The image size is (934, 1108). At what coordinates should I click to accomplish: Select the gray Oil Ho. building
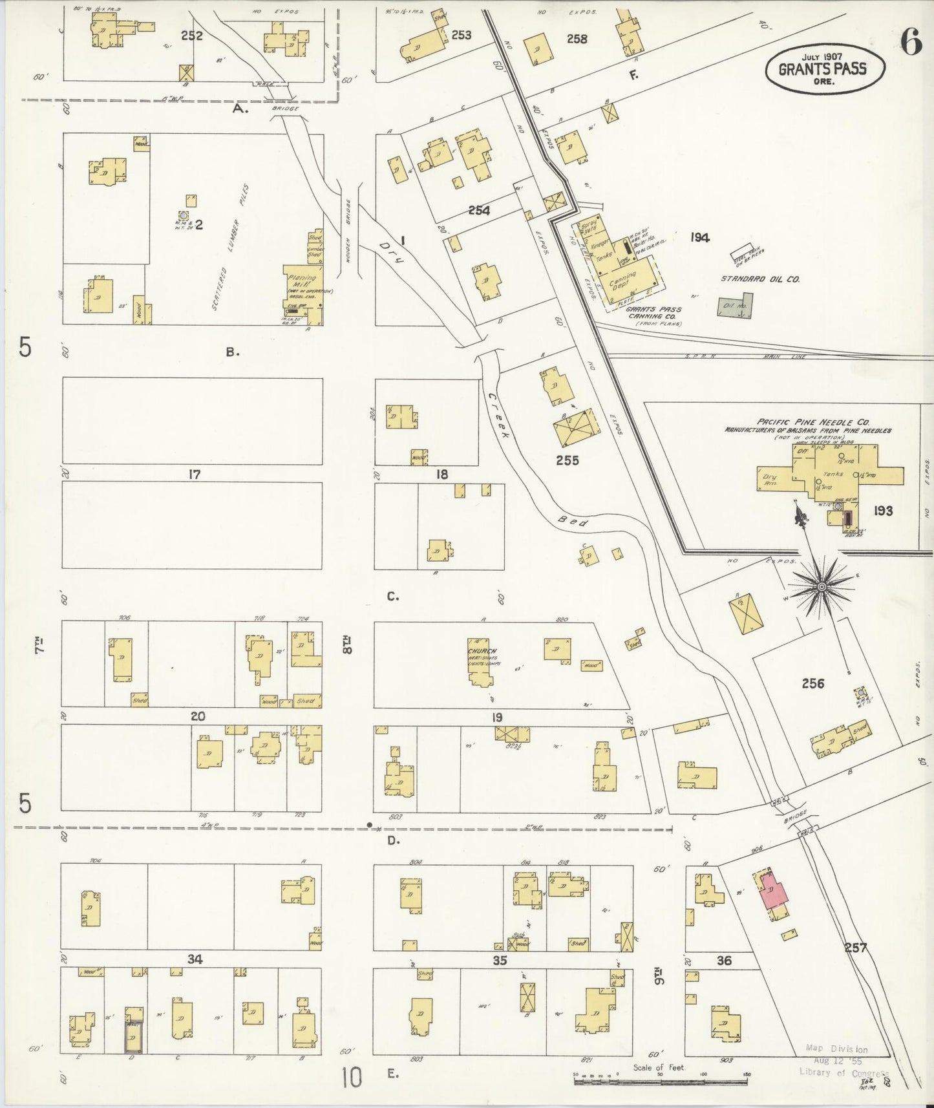pyautogui.click(x=735, y=306)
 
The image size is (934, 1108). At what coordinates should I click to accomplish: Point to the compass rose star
pyautogui.click(x=822, y=586)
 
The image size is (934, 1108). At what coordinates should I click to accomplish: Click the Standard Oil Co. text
pyautogui.click(x=761, y=279)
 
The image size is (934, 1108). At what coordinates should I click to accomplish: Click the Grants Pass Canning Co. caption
pyautogui.click(x=653, y=313)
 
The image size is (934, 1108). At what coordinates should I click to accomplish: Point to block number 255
pyautogui.click(x=567, y=460)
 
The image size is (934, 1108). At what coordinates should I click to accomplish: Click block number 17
pyautogui.click(x=194, y=474)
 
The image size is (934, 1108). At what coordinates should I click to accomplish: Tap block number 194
pyautogui.click(x=699, y=237)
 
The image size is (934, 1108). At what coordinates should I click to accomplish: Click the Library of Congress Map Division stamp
pyautogui.click(x=837, y=1061)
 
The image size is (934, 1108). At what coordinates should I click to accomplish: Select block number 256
pyautogui.click(x=812, y=683)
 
